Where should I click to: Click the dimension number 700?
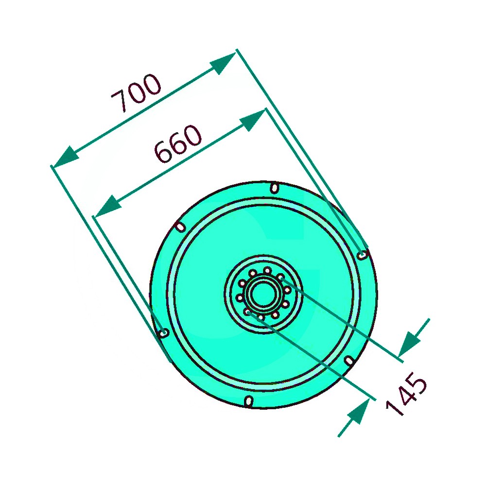pyautogui.click(x=137, y=92)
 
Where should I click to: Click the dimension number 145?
pyautogui.click(x=406, y=394)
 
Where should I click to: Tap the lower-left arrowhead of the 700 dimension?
pyautogui.click(x=66, y=156)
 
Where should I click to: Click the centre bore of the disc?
pyautogui.click(x=263, y=295)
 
